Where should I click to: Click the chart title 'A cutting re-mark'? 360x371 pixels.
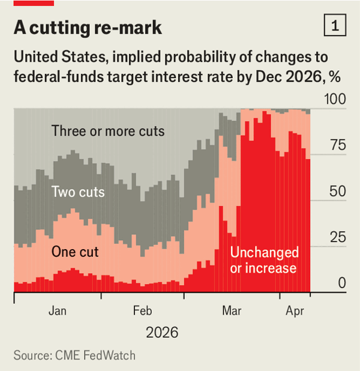88,28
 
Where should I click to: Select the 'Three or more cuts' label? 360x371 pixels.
108,131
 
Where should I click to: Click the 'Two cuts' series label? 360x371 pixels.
78,192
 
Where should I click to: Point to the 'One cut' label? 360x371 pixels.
75,252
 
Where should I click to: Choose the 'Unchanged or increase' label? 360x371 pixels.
263,260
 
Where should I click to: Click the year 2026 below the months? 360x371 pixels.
162,333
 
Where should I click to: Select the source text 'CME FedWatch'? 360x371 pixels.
95,356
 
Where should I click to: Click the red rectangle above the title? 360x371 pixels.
34,3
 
